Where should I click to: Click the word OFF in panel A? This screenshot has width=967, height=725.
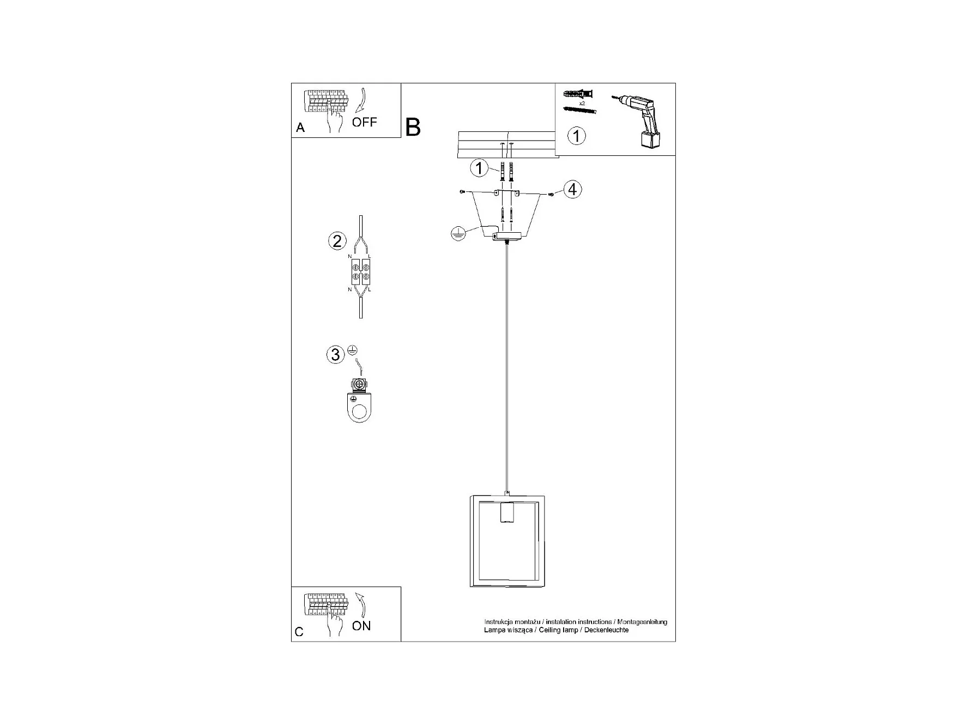[364, 122]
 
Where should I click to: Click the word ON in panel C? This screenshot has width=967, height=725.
[361, 626]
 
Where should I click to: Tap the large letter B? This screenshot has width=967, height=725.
[413, 128]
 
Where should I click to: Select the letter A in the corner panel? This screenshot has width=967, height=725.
[300, 128]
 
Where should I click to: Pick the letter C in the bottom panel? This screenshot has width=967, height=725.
[299, 632]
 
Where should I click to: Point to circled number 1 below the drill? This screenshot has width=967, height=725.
[577, 136]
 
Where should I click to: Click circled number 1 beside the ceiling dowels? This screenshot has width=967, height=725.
[479, 168]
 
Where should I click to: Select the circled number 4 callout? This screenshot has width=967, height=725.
[572, 189]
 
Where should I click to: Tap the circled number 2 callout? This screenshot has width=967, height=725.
[337, 241]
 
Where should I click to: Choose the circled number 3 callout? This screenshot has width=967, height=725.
[335, 355]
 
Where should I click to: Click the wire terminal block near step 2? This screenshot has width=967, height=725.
[360, 272]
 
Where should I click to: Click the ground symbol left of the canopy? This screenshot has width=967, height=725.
[458, 234]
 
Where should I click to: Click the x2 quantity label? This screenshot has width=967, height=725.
[582, 103]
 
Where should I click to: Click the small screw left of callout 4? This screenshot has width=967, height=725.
[551, 195]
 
